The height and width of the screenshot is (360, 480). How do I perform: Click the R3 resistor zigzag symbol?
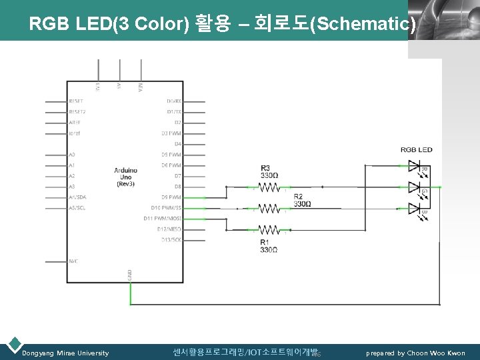point(269,187)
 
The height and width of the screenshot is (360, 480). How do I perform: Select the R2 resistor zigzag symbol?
point(269,208)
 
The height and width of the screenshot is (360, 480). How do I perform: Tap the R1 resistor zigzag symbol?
point(269,229)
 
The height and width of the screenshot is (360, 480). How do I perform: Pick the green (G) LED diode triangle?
point(413,187)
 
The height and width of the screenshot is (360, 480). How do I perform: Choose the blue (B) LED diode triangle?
point(413,208)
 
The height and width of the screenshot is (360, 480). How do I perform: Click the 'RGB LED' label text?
point(416,149)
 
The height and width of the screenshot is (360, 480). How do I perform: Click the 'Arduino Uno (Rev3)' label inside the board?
point(125,177)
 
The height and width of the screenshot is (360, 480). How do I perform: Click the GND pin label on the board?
point(130,275)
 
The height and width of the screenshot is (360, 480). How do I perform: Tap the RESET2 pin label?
point(77,112)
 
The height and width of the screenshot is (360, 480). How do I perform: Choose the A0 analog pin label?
point(72,155)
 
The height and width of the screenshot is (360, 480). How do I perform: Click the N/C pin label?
point(73,261)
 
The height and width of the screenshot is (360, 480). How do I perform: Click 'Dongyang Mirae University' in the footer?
point(65,353)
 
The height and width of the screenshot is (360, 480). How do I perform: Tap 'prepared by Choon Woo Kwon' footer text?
point(415,353)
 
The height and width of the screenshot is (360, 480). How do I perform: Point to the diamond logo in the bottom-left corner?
point(13,345)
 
